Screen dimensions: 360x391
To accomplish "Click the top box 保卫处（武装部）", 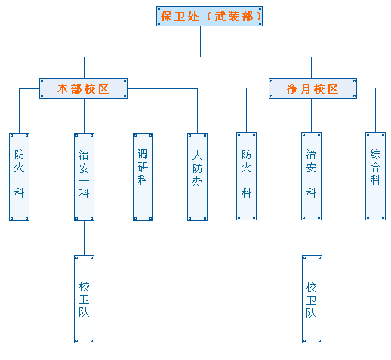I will point(210,16).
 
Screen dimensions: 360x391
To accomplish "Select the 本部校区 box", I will point(83,88).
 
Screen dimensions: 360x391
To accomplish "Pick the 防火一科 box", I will point(19,177).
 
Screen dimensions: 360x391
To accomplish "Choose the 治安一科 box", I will point(84,177).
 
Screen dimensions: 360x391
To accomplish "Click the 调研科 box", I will point(143,177).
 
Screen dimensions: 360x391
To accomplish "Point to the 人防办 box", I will point(197,177).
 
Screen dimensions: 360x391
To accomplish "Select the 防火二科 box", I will point(246,177).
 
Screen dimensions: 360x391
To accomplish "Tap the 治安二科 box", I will point(311,177).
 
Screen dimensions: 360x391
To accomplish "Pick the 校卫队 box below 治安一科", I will point(84,299).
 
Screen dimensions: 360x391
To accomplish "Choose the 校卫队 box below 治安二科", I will point(311,299).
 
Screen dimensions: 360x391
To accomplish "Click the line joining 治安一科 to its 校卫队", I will point(84,238).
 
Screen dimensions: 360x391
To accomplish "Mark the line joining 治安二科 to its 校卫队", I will point(311,238).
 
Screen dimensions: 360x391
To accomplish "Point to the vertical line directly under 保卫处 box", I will point(201,42).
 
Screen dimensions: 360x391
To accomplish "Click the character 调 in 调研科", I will point(143,154).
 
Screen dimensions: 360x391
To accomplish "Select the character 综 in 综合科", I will point(375,154).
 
